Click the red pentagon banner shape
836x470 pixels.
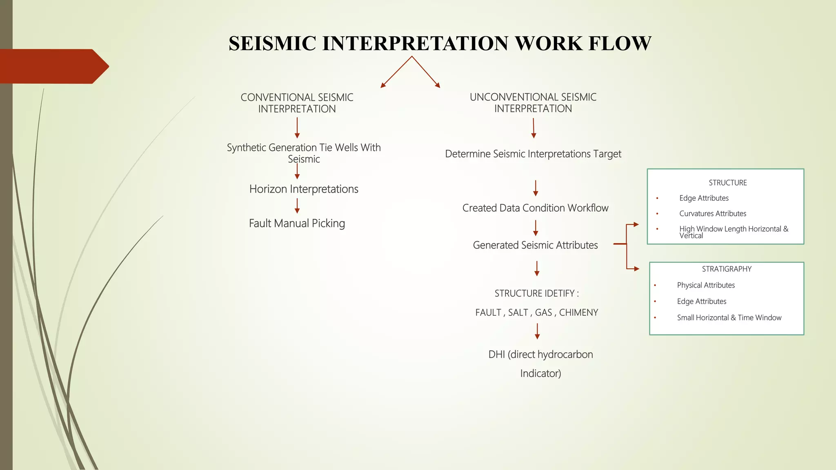pyautogui.click(x=53, y=67)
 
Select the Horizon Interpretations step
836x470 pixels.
pyautogui.click(x=304, y=189)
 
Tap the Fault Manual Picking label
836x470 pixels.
pyautogui.click(x=297, y=224)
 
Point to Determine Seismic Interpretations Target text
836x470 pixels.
pyautogui.click(x=533, y=154)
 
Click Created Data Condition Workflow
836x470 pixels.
pyautogui.click(x=535, y=208)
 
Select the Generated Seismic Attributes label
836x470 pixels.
pyautogui.click(x=535, y=245)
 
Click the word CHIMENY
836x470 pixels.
pyautogui.click(x=578, y=313)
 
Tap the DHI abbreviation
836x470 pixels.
pyautogui.click(x=496, y=355)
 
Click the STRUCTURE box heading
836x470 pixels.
pyautogui.click(x=727, y=183)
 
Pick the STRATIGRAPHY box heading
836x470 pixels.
pyautogui.click(x=727, y=269)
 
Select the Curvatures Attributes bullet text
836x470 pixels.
pyautogui.click(x=712, y=214)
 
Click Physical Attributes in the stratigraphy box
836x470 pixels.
pyautogui.click(x=706, y=286)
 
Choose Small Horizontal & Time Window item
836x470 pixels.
pyautogui.click(x=729, y=318)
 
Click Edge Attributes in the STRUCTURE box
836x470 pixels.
pyautogui.click(x=704, y=198)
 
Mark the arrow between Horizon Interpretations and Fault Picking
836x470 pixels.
pyautogui.click(x=297, y=206)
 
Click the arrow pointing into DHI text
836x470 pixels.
pyautogui.click(x=537, y=331)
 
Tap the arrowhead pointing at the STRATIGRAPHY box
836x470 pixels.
pyautogui.click(x=636, y=269)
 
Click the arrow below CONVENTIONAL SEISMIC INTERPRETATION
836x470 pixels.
pyautogui.click(x=297, y=128)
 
